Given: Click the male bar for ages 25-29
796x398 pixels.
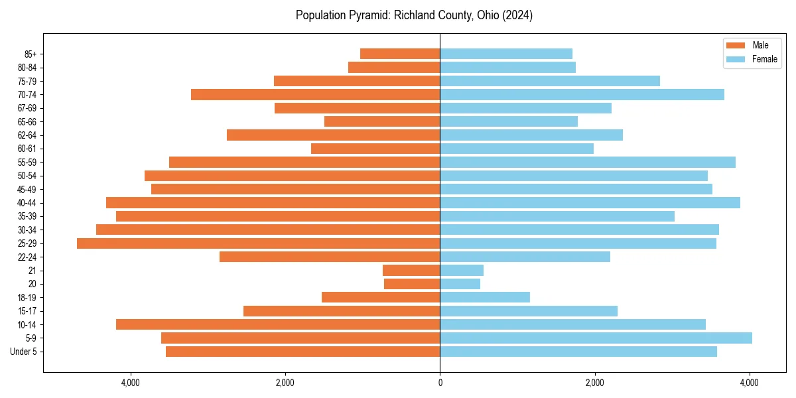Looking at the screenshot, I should tap(259, 243).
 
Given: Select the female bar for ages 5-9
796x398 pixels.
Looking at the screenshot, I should tap(596, 338).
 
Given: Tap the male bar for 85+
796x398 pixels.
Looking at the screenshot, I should tap(400, 54).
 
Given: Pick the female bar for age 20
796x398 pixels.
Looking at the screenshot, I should tap(460, 284).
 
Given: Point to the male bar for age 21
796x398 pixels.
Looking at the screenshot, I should tap(411, 271).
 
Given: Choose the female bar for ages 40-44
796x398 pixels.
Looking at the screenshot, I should tap(590, 203).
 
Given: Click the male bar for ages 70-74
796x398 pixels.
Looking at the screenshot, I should tap(315, 95).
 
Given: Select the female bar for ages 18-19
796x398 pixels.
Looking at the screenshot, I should tap(485, 297).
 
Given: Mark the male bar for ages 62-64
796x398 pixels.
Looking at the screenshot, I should tap(333, 135).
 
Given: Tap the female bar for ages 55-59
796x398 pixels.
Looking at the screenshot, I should tap(588, 163).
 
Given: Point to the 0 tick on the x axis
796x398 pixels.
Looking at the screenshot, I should tap(440, 383).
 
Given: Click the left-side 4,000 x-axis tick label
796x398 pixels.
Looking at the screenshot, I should tap(130, 383).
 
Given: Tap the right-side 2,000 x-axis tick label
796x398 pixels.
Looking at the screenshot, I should tap(595, 383).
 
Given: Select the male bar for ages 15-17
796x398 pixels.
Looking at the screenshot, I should tap(342, 311).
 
